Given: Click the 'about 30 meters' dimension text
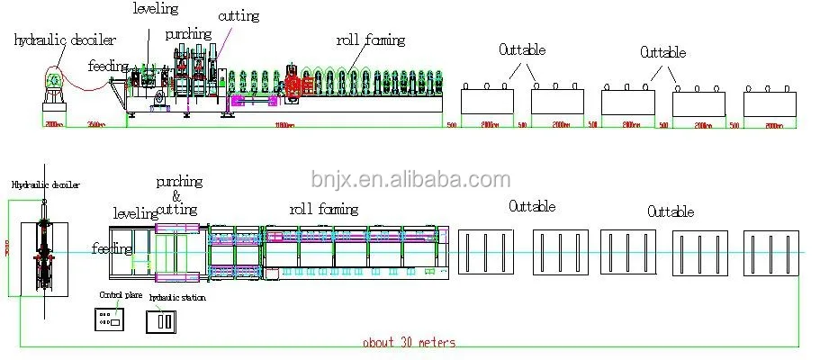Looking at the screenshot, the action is (x=410, y=342).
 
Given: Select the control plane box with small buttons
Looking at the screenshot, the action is (x=110, y=319).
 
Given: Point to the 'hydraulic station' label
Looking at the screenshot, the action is (x=176, y=297).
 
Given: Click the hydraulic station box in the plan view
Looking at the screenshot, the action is (x=164, y=320).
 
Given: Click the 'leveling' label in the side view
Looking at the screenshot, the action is (x=156, y=9).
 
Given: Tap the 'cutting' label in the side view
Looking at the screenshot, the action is (x=238, y=16).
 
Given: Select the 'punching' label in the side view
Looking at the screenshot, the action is (x=188, y=34).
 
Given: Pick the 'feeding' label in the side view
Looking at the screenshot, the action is (x=107, y=66).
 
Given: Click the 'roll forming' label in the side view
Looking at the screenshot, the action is (x=371, y=40).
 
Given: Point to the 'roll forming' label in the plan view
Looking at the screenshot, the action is (x=323, y=209).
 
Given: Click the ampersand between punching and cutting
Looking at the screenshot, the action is (x=176, y=195).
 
